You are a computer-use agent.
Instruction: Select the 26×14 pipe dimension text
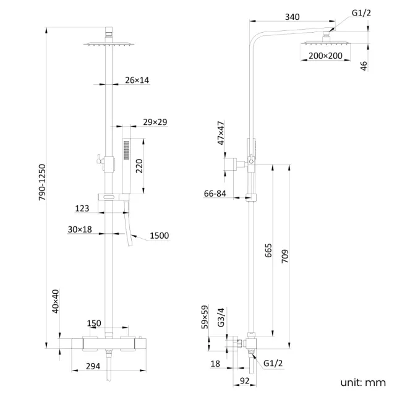(137, 80)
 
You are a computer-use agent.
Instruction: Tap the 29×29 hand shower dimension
(155, 122)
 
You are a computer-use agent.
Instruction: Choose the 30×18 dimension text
(80, 229)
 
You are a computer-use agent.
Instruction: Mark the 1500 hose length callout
(159, 236)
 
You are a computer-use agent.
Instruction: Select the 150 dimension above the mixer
(93, 323)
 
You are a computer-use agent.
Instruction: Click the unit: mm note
(362, 382)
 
